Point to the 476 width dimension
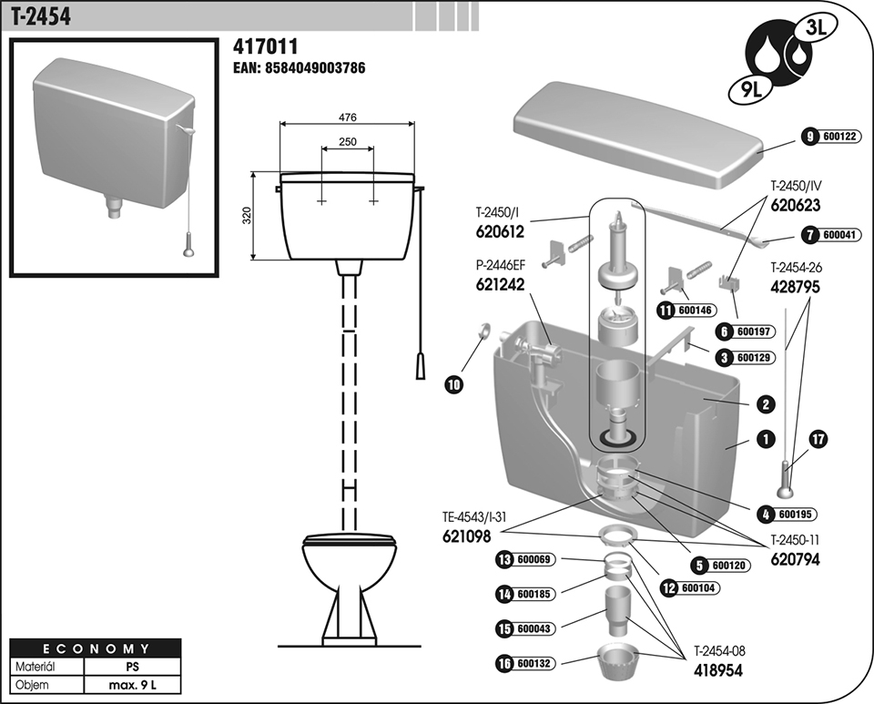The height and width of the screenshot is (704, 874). click(x=348, y=117)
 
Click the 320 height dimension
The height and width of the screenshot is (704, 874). click(x=246, y=215)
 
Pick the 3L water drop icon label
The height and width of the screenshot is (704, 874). click(x=811, y=27)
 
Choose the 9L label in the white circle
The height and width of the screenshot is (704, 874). click(x=747, y=89)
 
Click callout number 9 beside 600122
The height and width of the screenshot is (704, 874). click(x=808, y=136)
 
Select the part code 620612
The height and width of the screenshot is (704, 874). click(x=500, y=232)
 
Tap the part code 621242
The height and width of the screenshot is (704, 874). click(x=500, y=284)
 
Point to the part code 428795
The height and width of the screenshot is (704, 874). click(x=795, y=285)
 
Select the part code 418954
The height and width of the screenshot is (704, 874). click(x=718, y=668)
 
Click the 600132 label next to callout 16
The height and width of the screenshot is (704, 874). click(x=534, y=665)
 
